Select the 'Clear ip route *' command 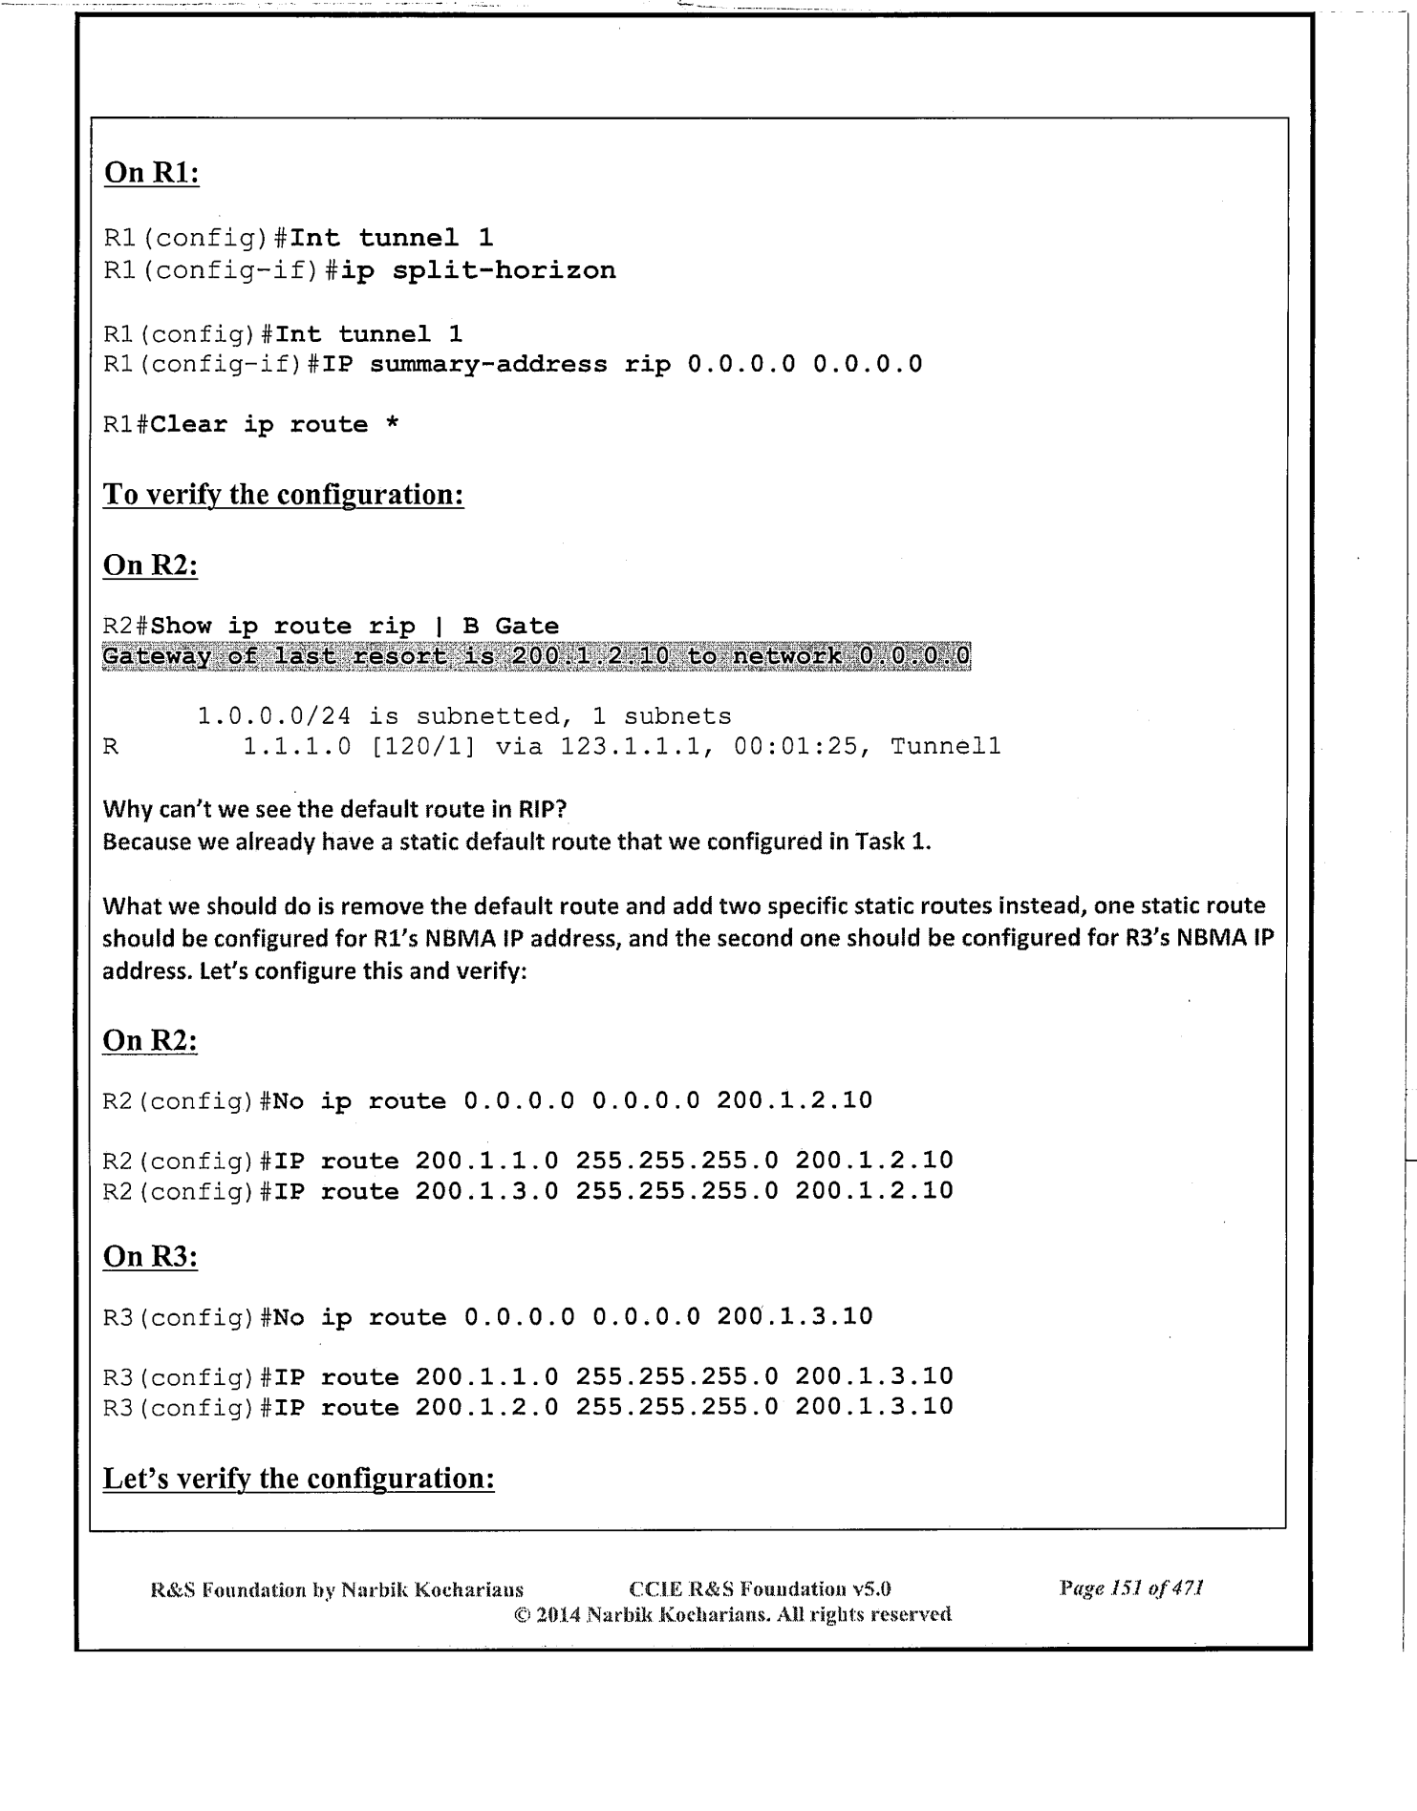[274, 424]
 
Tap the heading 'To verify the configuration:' [283, 495]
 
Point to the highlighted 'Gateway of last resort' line [535, 657]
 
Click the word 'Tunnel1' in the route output [945, 746]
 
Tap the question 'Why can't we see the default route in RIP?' [334, 809]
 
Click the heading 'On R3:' [150, 1257]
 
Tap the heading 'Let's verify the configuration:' [298, 1479]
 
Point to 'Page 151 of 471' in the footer [1130, 1588]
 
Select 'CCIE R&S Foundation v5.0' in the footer [760, 1589]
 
